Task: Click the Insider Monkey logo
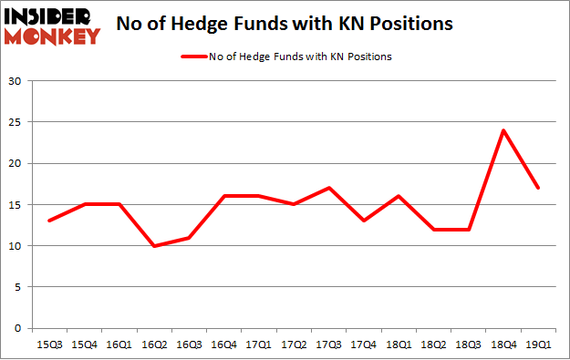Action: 53,26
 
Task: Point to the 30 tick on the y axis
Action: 15,81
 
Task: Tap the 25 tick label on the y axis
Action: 15,122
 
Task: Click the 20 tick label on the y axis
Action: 15,163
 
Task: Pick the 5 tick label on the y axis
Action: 18,287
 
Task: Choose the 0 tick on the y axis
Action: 18,328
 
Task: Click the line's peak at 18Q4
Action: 502,130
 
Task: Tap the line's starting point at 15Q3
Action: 49,221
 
